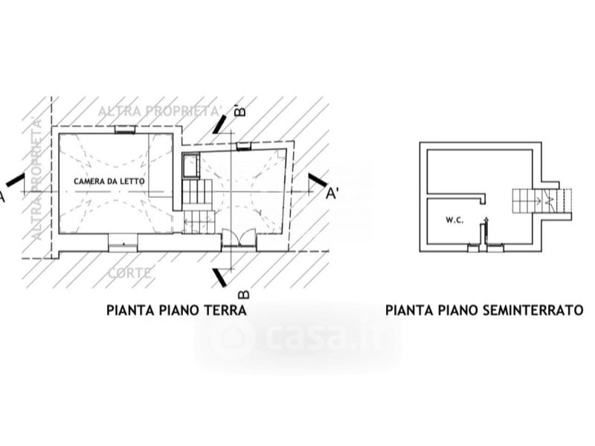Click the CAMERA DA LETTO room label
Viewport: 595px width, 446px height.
tap(109, 182)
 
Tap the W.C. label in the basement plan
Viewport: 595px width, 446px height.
tap(455, 220)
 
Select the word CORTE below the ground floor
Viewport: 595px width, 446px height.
tap(130, 273)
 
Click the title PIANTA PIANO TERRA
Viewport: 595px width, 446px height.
tap(176, 310)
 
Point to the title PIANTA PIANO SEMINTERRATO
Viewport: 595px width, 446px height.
tap(484, 310)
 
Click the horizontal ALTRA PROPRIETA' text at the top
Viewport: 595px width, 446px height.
tap(160, 111)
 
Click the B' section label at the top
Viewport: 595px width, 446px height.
tap(240, 111)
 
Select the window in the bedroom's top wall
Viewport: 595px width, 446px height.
tap(124, 129)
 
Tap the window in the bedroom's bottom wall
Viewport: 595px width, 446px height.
tap(123, 241)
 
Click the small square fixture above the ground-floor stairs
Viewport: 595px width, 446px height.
tap(190, 165)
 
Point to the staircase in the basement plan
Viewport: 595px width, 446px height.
tap(540, 200)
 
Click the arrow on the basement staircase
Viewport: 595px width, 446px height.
tap(549, 199)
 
